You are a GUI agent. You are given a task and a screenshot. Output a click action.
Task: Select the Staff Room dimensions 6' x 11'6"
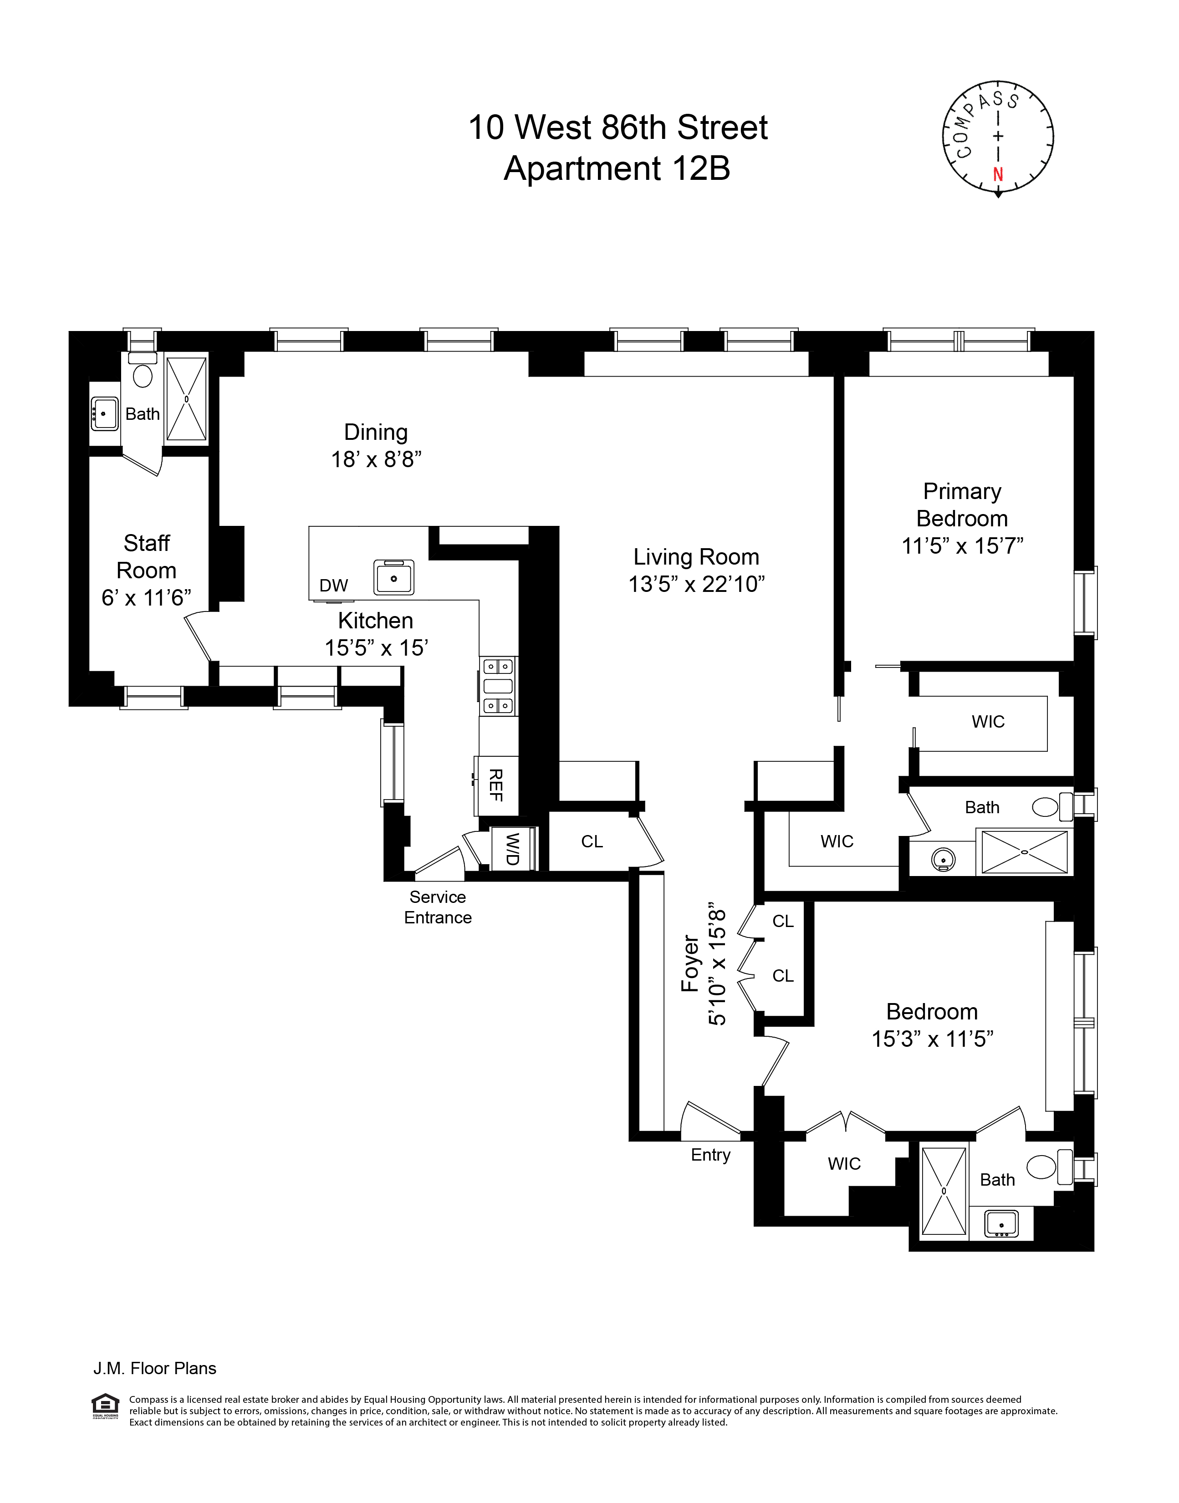click(x=146, y=598)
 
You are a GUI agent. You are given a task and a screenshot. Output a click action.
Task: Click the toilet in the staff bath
click(x=143, y=376)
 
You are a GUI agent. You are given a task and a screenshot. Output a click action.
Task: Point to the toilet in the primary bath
click(x=1046, y=807)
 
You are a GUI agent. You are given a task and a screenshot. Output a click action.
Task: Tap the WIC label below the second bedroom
click(x=844, y=1164)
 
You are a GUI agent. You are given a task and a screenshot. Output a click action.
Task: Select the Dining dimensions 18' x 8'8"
click(x=376, y=459)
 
